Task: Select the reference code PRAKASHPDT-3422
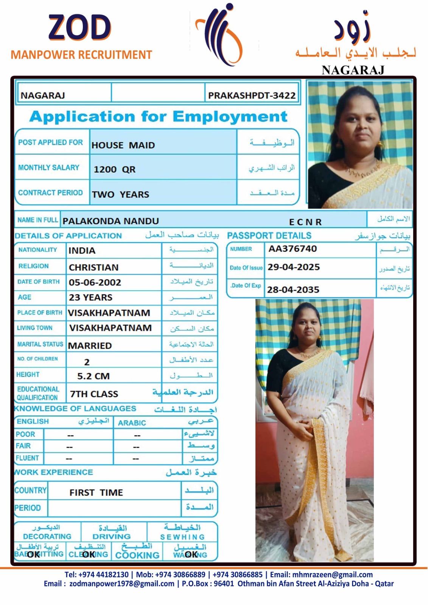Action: tap(252, 96)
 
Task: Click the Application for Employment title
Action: tap(158, 116)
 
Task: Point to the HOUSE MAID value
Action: tap(123, 145)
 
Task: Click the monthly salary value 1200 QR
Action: tap(114, 169)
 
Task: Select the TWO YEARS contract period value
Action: tap(120, 194)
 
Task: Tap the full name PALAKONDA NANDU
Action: tap(111, 221)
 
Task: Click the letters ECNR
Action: tap(305, 222)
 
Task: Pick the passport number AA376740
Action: tap(293, 249)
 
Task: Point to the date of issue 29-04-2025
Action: tap(294, 267)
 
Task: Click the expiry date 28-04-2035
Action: tap(293, 290)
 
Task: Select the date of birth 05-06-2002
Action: tap(95, 282)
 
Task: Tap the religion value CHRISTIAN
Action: tap(93, 267)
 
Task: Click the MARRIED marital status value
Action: tap(90, 346)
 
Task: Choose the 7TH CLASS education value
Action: tap(94, 394)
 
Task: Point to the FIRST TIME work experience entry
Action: tap(96, 492)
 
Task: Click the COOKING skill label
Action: tap(137, 555)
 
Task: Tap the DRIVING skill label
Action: tap(112, 536)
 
